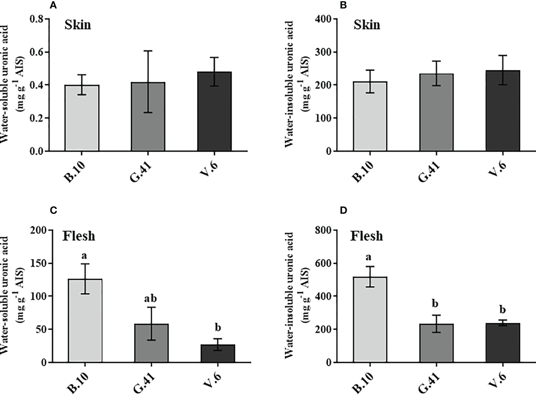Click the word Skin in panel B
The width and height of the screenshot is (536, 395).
tap(367, 25)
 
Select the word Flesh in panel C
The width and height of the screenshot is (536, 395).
tap(79, 236)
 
